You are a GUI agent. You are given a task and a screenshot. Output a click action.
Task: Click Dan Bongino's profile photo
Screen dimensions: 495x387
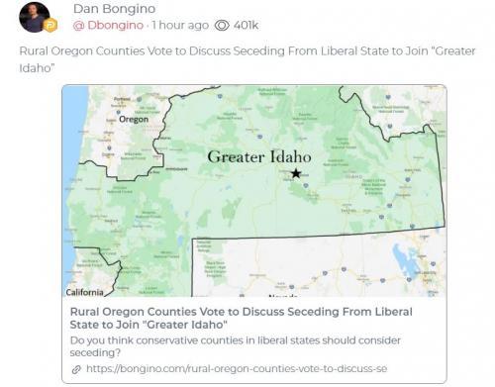37,19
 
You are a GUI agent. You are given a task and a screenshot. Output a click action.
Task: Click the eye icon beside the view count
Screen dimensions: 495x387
224,24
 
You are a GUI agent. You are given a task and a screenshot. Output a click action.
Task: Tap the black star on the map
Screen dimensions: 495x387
295,174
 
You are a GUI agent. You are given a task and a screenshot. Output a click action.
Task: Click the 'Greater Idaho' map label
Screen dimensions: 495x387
259,156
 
